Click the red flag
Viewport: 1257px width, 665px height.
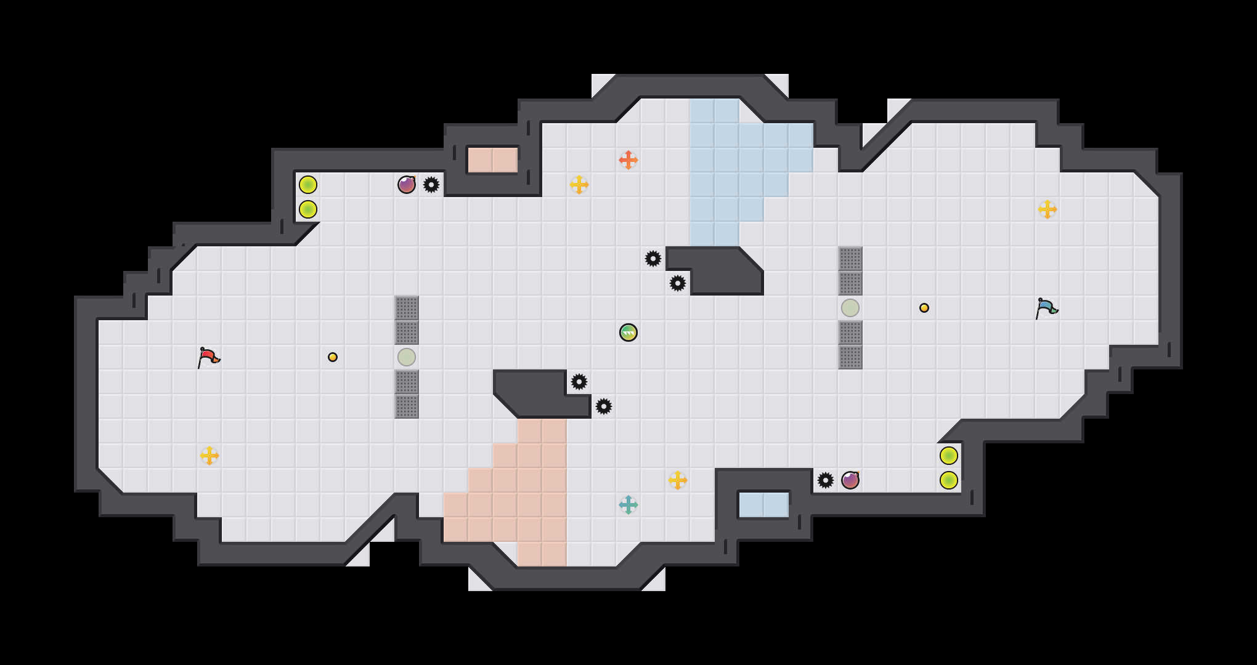(x=208, y=357)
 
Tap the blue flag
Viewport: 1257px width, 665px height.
(x=1046, y=308)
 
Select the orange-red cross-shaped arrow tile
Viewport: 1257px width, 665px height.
(x=628, y=160)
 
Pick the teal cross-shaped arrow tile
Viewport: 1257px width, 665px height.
(x=628, y=505)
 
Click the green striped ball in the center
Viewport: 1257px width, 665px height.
(x=628, y=332)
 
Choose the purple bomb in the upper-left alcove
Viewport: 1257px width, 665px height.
(x=407, y=185)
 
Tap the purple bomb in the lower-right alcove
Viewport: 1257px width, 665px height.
(x=850, y=480)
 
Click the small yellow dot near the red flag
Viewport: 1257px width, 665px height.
(x=333, y=357)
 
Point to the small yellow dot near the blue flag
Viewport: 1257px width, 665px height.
(x=924, y=308)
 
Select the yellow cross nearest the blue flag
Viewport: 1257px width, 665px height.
(x=1047, y=209)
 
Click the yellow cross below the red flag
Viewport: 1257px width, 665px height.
(x=209, y=456)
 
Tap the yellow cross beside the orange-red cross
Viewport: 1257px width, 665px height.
(x=579, y=185)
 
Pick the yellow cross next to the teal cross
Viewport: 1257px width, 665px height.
(x=678, y=480)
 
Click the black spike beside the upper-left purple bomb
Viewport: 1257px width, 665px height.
(x=431, y=185)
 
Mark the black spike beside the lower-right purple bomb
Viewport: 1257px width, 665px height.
(x=826, y=480)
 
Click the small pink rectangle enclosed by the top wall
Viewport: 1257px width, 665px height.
(x=493, y=160)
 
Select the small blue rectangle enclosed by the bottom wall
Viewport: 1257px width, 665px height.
(x=764, y=505)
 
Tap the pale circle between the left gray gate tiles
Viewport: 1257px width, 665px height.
(x=407, y=357)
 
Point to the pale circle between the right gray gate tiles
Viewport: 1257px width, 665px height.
(x=850, y=308)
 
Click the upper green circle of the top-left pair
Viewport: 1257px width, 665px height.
(x=308, y=185)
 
